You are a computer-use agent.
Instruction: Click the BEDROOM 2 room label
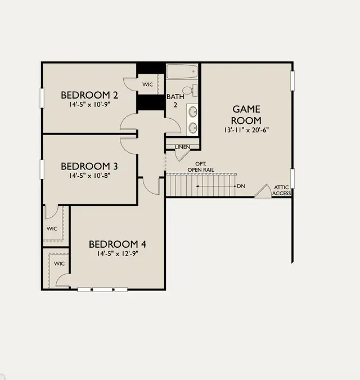click(89, 95)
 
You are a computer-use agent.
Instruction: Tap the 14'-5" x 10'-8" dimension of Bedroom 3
click(89, 176)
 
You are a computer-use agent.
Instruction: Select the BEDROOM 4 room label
click(118, 244)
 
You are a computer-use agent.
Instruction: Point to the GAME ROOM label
click(246, 115)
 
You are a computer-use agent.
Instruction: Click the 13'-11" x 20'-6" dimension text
click(246, 130)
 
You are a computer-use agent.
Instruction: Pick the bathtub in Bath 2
click(182, 71)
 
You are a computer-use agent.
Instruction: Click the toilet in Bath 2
click(190, 91)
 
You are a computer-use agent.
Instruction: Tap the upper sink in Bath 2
click(193, 112)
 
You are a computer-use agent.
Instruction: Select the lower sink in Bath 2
click(193, 128)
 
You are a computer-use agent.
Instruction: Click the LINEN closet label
click(183, 147)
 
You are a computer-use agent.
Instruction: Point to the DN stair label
click(241, 186)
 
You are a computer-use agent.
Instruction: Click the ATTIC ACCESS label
click(282, 190)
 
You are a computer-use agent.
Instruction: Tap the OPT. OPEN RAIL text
click(201, 167)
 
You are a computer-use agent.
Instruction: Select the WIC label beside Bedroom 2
click(148, 84)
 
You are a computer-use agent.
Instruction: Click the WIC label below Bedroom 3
click(52, 229)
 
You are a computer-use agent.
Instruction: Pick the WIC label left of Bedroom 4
click(59, 263)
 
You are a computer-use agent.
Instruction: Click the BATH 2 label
click(175, 101)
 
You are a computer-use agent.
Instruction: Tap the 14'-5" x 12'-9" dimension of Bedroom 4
click(118, 254)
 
